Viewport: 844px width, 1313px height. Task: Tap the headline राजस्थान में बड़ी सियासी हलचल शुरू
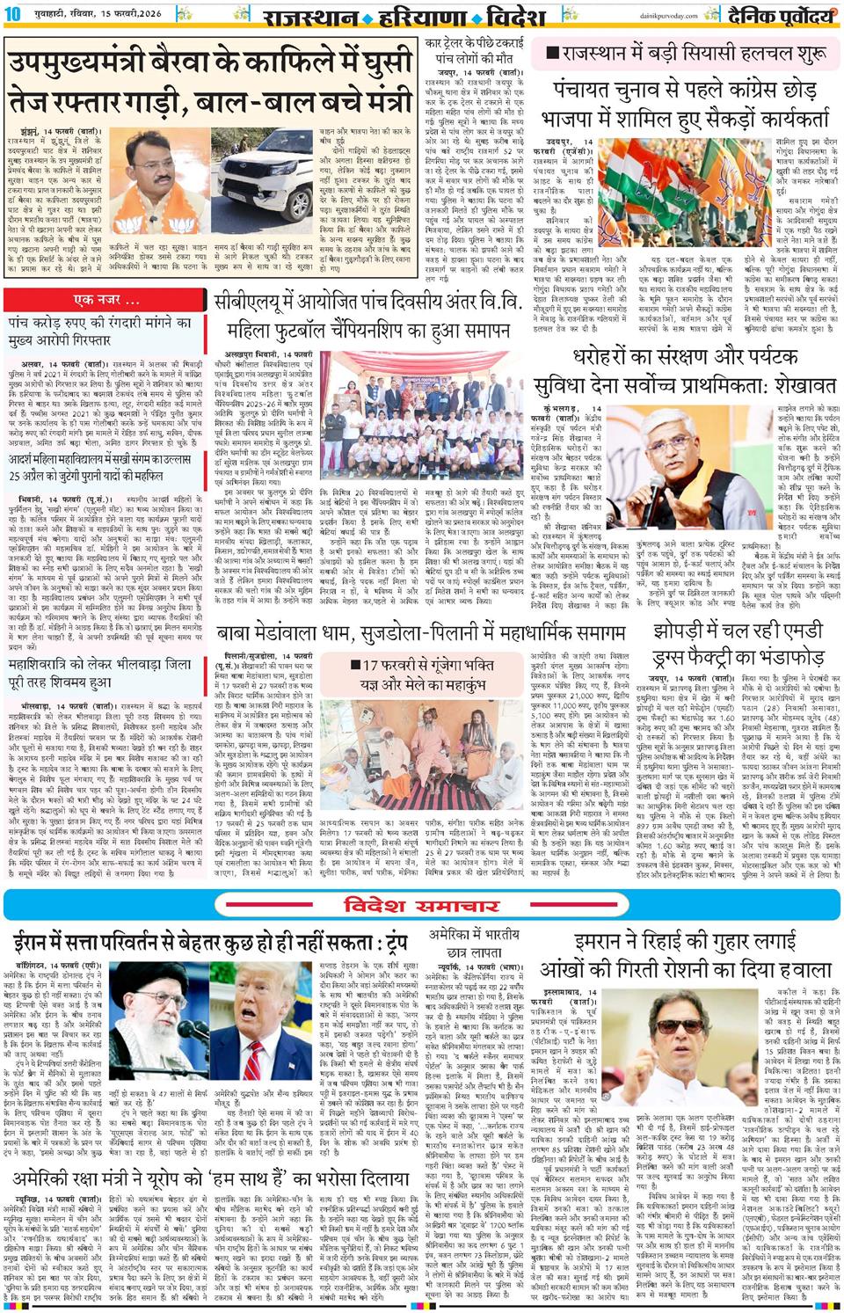pyautogui.click(x=686, y=54)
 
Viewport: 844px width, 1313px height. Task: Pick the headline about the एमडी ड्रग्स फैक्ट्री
pyautogui.click(x=738, y=646)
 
